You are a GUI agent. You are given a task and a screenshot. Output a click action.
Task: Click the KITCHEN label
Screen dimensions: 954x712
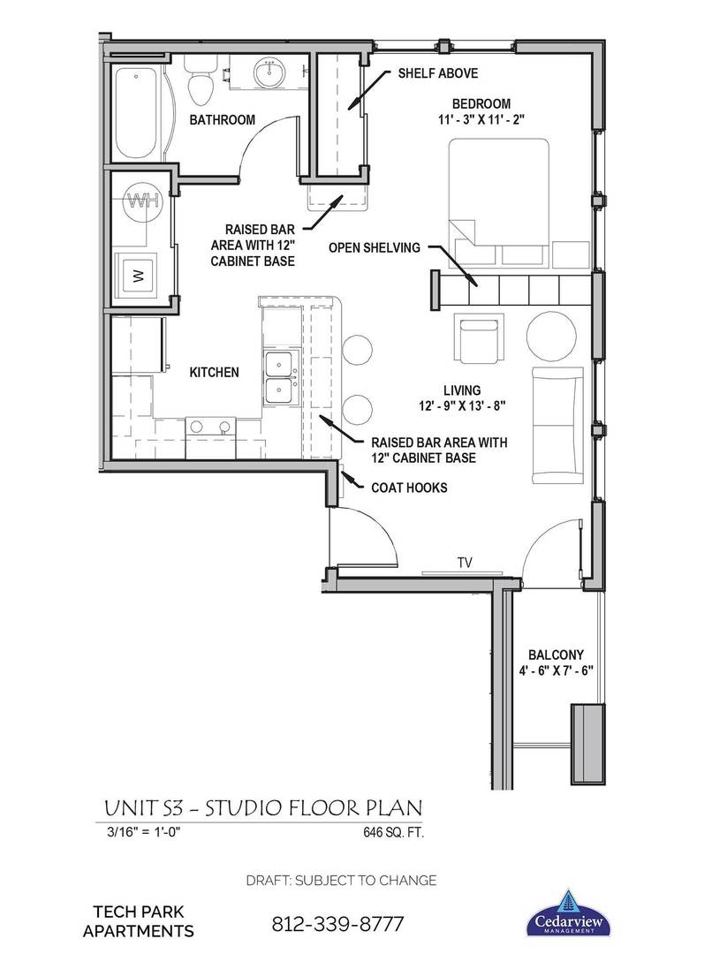214,373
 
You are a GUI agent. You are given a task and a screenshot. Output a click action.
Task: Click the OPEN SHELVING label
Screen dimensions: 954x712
375,248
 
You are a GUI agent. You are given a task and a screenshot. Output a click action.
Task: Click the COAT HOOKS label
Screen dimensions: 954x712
409,487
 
